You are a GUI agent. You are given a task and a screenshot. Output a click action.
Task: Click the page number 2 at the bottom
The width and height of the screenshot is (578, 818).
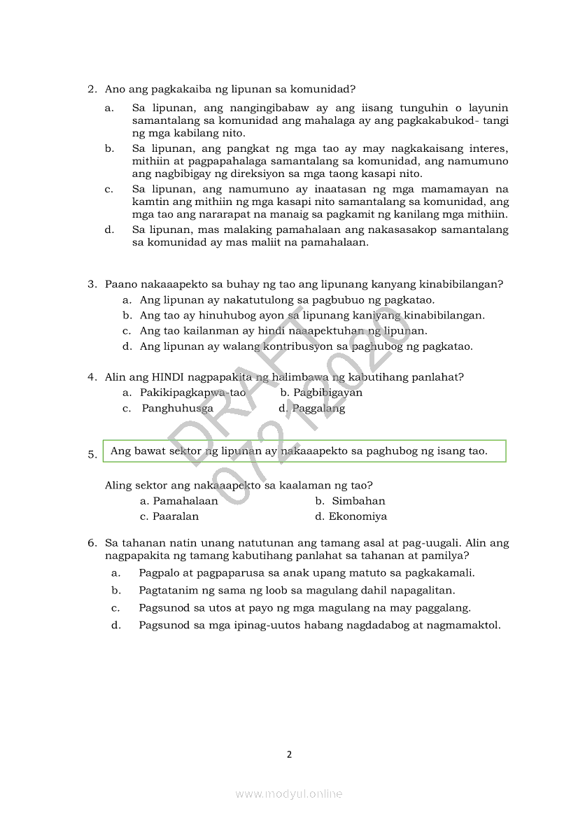pyautogui.click(x=289, y=754)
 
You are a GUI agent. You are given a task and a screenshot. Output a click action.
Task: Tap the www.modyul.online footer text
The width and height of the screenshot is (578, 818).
pyautogui.click(x=289, y=794)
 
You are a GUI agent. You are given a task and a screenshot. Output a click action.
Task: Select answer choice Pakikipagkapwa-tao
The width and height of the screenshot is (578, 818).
pyautogui.click(x=192, y=393)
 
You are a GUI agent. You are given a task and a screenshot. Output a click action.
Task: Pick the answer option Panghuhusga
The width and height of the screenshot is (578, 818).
pyautogui.click(x=177, y=409)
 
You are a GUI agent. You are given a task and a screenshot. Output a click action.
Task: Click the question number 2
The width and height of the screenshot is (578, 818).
pyautogui.click(x=91, y=89)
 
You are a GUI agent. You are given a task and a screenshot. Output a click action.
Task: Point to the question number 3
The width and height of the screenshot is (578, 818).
pyautogui.click(x=91, y=284)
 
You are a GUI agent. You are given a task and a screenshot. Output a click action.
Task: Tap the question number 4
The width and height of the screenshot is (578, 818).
pyautogui.click(x=91, y=377)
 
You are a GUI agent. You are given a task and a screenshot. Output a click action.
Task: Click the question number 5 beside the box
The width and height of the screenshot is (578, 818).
pyautogui.click(x=92, y=455)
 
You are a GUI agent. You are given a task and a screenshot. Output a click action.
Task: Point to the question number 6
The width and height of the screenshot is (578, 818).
pyautogui.click(x=91, y=543)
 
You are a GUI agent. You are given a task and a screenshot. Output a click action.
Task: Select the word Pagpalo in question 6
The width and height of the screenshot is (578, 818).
pyautogui.click(x=157, y=573)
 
